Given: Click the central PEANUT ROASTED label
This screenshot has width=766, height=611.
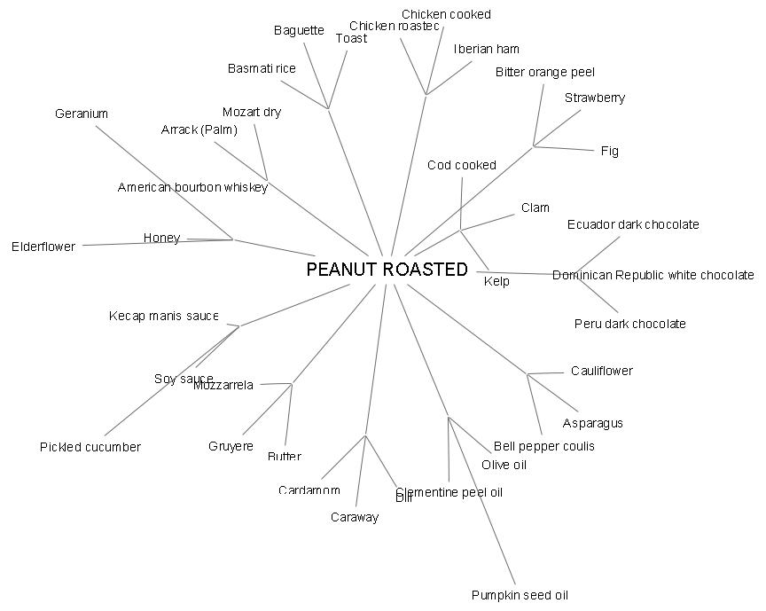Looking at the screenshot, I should pos(387,270).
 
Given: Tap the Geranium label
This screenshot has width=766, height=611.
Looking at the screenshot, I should pos(81,114).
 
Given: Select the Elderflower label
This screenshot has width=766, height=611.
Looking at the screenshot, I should pos(43,247).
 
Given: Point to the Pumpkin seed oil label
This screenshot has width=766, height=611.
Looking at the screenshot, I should pos(520,595).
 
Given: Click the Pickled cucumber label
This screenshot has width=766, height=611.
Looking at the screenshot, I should pos(90,447).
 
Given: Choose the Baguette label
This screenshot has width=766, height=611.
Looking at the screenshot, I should pos(299,30).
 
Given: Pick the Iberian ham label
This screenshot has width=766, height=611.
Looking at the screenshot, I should pos(486,49).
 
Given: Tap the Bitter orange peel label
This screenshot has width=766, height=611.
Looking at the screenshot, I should pos(544,72).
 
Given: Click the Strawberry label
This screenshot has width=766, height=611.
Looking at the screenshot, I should pos(594,98).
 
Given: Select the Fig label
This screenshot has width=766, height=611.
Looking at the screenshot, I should pos(609,151).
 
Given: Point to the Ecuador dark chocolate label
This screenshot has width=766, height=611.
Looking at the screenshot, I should pos(633,224).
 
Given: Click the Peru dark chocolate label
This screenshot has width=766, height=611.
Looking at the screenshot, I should pos(629,324).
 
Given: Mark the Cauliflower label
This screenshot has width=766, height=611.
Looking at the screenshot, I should pos(601,371).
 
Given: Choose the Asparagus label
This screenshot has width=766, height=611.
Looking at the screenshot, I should pos(592,423).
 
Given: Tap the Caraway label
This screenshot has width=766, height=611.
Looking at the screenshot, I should pos(355,517).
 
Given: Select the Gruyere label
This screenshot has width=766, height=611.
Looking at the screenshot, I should pos(231,446).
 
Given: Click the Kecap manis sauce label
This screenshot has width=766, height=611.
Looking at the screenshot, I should pos(163,316).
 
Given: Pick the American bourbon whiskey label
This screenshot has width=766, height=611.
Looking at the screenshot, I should pos(192,187).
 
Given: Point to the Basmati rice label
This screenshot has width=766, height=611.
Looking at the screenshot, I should pos(262,68).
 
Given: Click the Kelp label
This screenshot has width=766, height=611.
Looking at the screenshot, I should pos(496,281).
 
